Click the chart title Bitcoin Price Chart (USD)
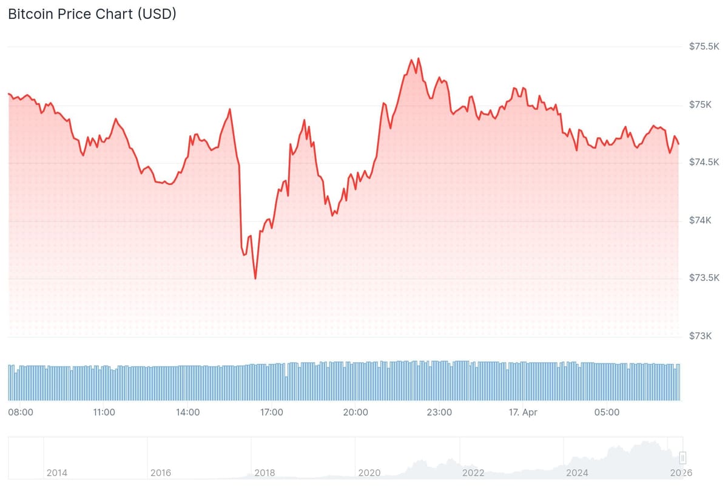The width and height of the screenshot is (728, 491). pos(92,15)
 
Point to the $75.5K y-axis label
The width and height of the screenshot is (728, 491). pos(704,47)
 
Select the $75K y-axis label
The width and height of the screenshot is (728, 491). pos(700,105)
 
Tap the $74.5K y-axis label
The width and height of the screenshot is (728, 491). pos(704,162)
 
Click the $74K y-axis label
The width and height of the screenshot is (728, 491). pos(700,220)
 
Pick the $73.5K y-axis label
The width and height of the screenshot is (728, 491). pos(704,278)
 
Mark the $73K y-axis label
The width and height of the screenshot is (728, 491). pos(700,336)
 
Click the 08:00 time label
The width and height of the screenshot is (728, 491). pos(21,412)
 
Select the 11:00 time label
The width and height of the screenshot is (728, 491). pos(104,412)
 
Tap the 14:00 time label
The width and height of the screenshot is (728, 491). pos(188,412)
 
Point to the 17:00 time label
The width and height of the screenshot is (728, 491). pos(271,412)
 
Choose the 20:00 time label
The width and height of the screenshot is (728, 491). pos(356,412)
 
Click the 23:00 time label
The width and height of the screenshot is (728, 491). pos(439,412)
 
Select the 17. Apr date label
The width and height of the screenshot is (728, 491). pos(523,412)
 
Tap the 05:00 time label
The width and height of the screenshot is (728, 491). pos(607,412)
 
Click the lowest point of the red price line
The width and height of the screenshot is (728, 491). pos(255,279)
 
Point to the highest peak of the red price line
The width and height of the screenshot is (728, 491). pos(419,58)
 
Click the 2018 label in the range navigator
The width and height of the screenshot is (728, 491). pos(265,472)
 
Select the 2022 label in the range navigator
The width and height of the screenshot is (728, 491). pos(473,472)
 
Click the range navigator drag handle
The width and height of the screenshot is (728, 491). pos(682,458)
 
